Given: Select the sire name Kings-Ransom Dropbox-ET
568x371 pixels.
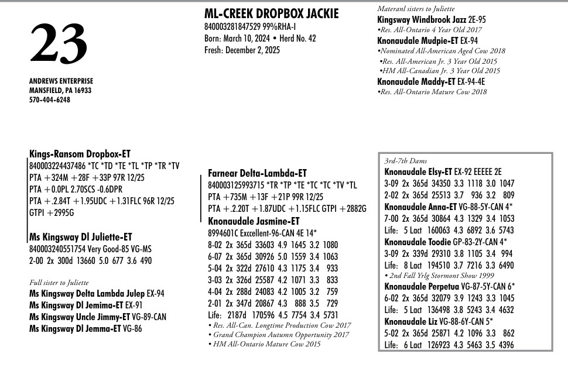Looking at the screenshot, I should click(80, 154).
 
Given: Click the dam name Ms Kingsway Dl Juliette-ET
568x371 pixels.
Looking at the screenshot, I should click(81, 237).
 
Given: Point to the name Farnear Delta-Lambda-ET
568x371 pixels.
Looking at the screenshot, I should click(257, 173).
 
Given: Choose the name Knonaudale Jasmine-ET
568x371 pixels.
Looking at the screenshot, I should click(254, 221).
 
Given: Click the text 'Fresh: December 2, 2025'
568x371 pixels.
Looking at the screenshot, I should click(242, 50).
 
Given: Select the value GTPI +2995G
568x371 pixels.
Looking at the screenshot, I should click(52, 213).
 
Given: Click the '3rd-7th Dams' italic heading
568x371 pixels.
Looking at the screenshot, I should click(405, 161).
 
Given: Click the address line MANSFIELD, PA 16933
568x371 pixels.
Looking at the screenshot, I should click(60, 91).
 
